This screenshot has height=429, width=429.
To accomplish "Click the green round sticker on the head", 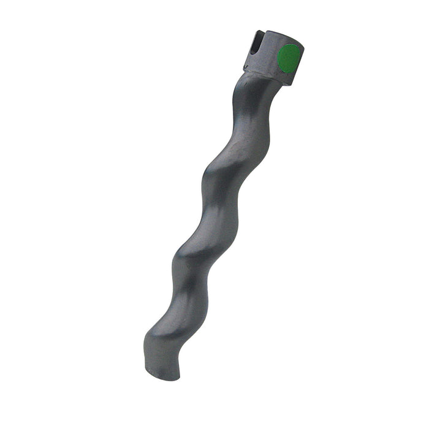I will [x=288, y=58].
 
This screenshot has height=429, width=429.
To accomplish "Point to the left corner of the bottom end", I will [x=147, y=368].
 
